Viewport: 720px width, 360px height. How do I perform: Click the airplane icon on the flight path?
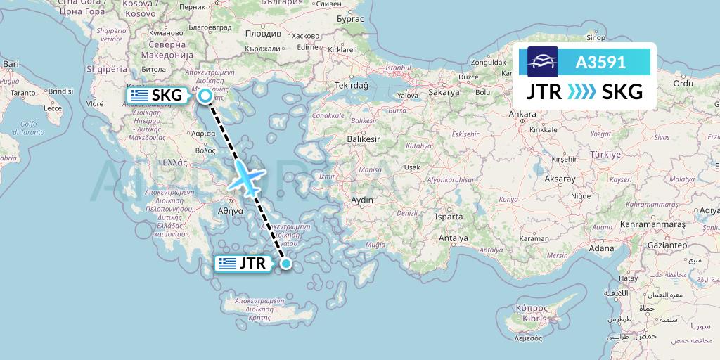click(x=247, y=177)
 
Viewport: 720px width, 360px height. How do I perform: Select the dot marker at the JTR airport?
click(x=286, y=264)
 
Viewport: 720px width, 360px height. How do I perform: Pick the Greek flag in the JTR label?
click(x=227, y=264)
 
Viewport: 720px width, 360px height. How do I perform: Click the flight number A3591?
click(x=600, y=62)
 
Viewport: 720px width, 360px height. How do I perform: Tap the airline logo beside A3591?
click(x=543, y=62)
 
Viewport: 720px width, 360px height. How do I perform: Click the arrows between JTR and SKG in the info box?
click(x=580, y=91)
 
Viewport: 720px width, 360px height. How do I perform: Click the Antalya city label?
click(x=454, y=238)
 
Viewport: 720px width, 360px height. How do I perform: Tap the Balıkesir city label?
click(x=363, y=139)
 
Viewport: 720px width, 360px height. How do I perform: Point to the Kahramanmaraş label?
click(x=652, y=224)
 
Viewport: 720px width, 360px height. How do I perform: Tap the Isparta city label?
click(x=449, y=217)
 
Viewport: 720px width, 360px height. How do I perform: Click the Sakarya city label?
click(x=444, y=92)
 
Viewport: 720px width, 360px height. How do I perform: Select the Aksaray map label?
click(x=560, y=179)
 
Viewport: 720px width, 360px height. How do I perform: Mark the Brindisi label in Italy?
click(x=61, y=91)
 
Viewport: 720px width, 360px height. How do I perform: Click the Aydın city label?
click(x=362, y=200)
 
